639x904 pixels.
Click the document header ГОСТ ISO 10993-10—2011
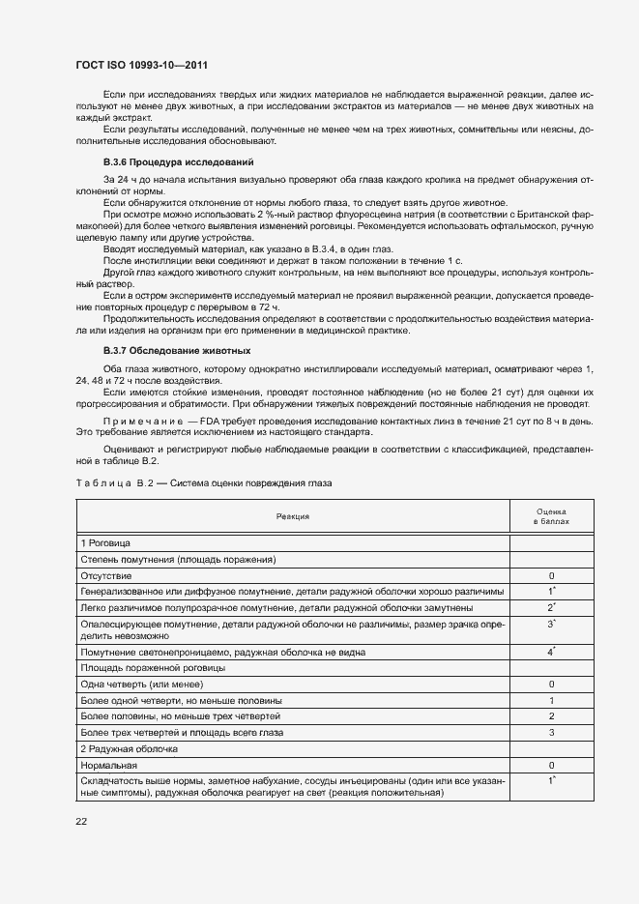coord(142,65)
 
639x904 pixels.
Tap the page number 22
coord(81,821)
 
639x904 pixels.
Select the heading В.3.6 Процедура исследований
coord(179,160)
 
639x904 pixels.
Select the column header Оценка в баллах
coord(551,516)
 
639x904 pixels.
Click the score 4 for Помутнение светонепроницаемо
coord(550,653)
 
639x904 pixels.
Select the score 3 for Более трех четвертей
coord(551,732)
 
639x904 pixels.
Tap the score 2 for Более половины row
coord(551,715)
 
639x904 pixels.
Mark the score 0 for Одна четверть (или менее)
coord(551,685)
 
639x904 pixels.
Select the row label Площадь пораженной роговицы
coord(153,668)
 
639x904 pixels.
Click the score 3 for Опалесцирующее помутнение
coord(550,626)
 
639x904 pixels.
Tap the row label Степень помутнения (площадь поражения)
coord(179,559)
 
